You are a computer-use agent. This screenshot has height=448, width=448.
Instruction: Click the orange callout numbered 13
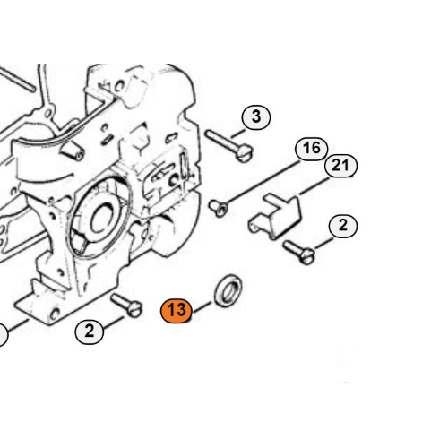click(x=177, y=311)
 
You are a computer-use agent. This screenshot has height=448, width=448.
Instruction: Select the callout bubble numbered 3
click(x=256, y=117)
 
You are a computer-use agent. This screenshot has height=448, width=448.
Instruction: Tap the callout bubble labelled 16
click(x=312, y=149)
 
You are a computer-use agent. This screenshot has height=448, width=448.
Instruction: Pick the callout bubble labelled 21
click(x=340, y=166)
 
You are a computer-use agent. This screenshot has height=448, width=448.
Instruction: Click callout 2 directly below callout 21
click(x=343, y=226)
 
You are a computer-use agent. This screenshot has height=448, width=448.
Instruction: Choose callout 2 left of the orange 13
click(x=89, y=332)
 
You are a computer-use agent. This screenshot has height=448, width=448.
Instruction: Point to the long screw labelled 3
click(x=229, y=146)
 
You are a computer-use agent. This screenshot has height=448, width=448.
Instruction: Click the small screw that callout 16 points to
click(x=219, y=208)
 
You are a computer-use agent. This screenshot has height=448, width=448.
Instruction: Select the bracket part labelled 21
click(x=275, y=216)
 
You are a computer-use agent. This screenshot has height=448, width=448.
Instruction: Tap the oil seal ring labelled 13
click(x=228, y=290)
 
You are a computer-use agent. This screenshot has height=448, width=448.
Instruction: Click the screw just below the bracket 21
click(x=299, y=253)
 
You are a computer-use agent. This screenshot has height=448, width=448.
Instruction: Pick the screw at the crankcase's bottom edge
click(x=126, y=305)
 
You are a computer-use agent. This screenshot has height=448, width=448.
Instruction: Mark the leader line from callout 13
click(x=202, y=307)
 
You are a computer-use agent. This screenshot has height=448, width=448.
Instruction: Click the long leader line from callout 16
click(x=263, y=182)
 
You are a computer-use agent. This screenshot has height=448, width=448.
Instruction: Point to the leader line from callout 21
click(x=314, y=186)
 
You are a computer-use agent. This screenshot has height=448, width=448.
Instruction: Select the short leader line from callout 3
click(x=238, y=134)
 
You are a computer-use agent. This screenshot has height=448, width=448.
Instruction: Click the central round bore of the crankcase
click(x=103, y=220)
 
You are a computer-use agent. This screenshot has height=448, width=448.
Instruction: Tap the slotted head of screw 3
click(x=246, y=153)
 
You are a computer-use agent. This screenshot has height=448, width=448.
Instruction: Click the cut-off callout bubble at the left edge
click(x=3, y=335)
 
